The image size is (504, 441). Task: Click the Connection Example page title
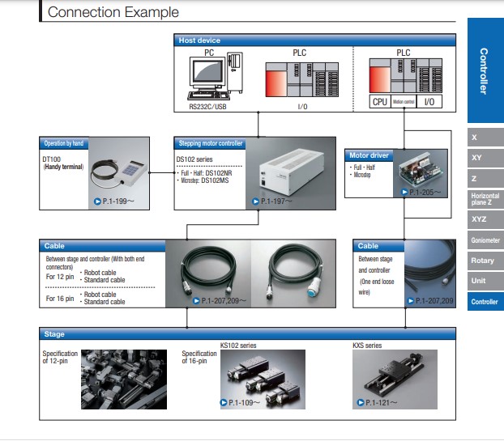pyautogui.click(x=113, y=12)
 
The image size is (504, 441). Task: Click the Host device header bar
pyautogui.click(x=199, y=40)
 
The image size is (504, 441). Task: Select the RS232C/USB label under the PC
pyautogui.click(x=207, y=106)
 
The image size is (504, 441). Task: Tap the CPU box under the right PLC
pyautogui.click(x=379, y=102)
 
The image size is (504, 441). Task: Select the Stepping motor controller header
pyautogui.click(x=209, y=143)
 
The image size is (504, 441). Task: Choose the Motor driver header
pyautogui.click(x=369, y=155)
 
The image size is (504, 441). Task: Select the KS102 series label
pyautogui.click(x=238, y=345)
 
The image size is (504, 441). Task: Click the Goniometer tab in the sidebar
pyautogui.click(x=485, y=240)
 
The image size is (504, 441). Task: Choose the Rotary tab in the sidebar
pyautogui.click(x=483, y=261)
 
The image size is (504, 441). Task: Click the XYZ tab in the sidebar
pyautogui.click(x=480, y=218)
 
